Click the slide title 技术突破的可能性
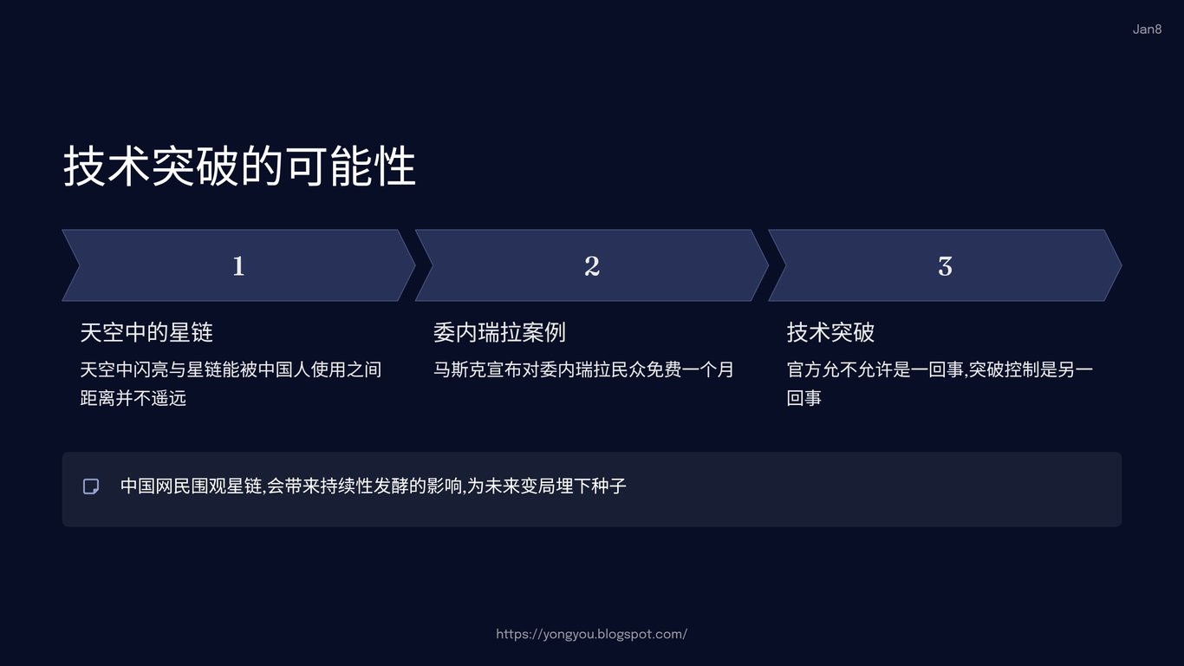[x=239, y=166]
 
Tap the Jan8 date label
[x=1147, y=29]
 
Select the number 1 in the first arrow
[x=238, y=265]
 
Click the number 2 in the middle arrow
[x=592, y=265]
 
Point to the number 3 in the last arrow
[x=945, y=266]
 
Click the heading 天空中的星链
[x=146, y=332]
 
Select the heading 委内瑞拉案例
[x=499, y=332]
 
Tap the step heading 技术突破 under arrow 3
[x=830, y=332]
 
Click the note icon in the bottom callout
[x=91, y=486]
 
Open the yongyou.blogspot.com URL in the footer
[x=591, y=634]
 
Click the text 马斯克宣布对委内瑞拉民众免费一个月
[x=583, y=369]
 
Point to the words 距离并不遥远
[x=133, y=398]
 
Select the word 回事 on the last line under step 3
[x=804, y=398]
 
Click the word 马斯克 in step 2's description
[x=459, y=369]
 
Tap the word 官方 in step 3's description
[x=804, y=369]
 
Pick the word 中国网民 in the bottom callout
[x=155, y=486]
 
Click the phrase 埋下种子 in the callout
[x=591, y=486]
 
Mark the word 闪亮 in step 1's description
[x=151, y=369]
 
